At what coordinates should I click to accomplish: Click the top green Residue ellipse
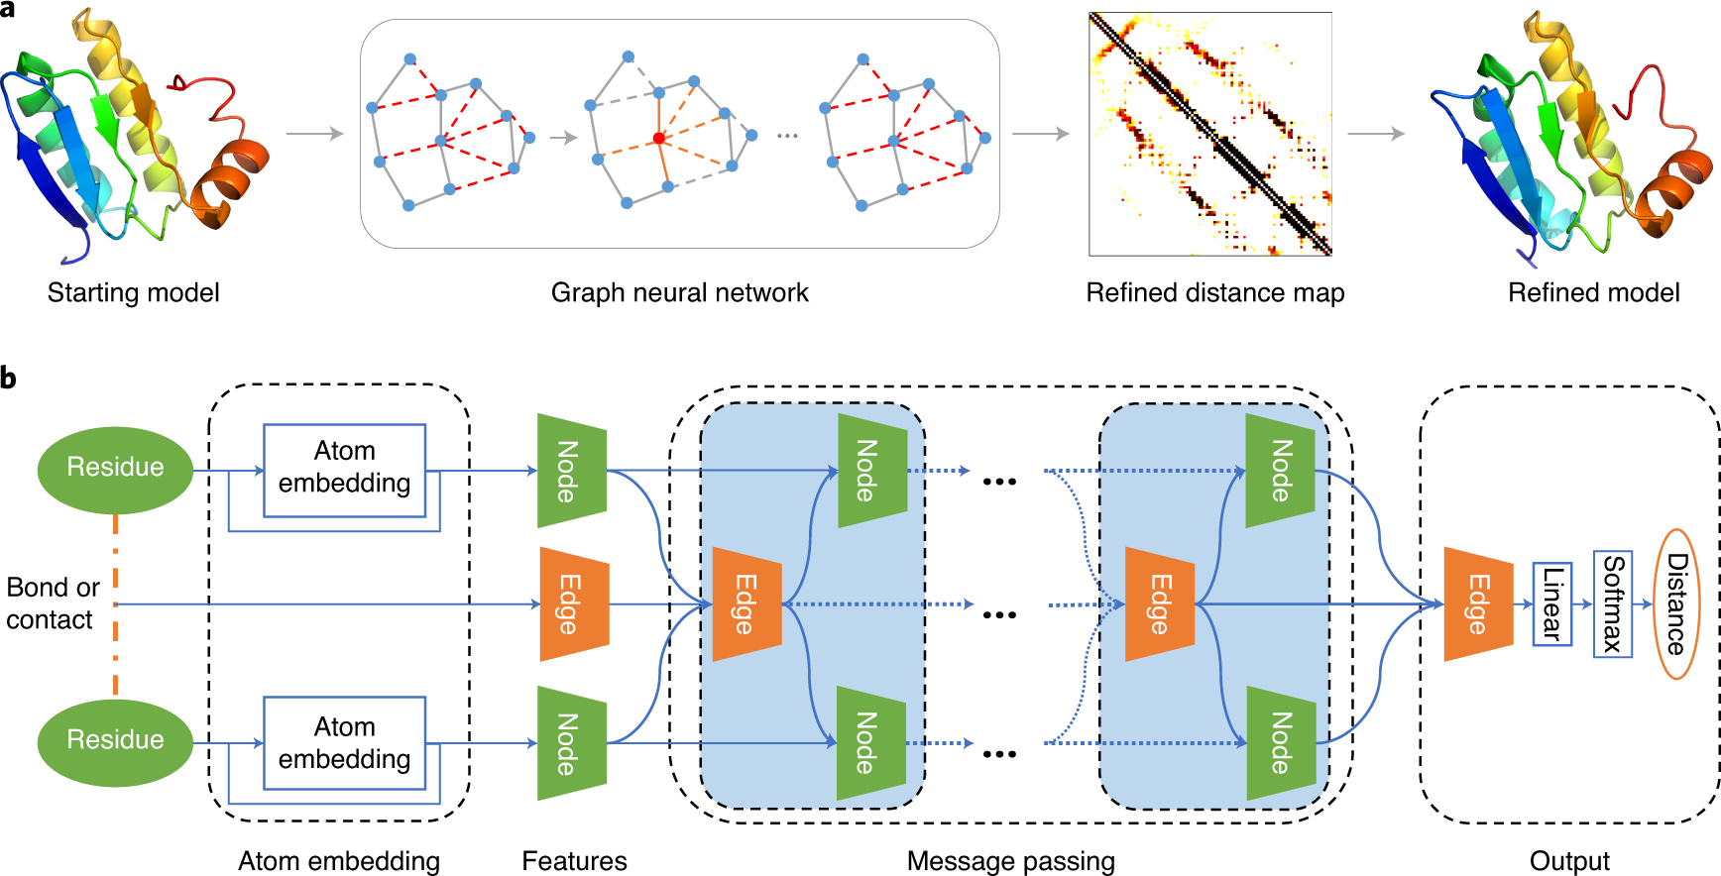click(115, 469)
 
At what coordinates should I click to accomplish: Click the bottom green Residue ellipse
click(115, 740)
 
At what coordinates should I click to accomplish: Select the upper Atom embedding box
click(344, 470)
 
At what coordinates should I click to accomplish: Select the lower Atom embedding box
click(344, 743)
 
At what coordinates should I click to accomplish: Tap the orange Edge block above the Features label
click(573, 603)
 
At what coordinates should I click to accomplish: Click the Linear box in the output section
click(1551, 603)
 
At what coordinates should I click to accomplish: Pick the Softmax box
click(1612, 603)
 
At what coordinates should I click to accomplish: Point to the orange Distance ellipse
click(1676, 603)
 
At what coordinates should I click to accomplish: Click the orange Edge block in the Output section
click(1477, 603)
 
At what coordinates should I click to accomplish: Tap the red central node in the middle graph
click(658, 139)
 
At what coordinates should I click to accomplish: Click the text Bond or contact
click(53, 602)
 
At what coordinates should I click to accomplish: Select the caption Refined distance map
click(1214, 293)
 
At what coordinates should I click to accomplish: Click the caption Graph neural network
click(679, 293)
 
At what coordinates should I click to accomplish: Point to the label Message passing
click(1010, 861)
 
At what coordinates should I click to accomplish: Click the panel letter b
click(9, 378)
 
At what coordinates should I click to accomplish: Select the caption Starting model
click(133, 293)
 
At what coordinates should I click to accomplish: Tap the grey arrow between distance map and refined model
click(1375, 134)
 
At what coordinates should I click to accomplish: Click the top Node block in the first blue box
click(870, 470)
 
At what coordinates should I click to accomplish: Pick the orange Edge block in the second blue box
click(1159, 603)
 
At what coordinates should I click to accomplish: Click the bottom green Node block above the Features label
click(571, 743)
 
